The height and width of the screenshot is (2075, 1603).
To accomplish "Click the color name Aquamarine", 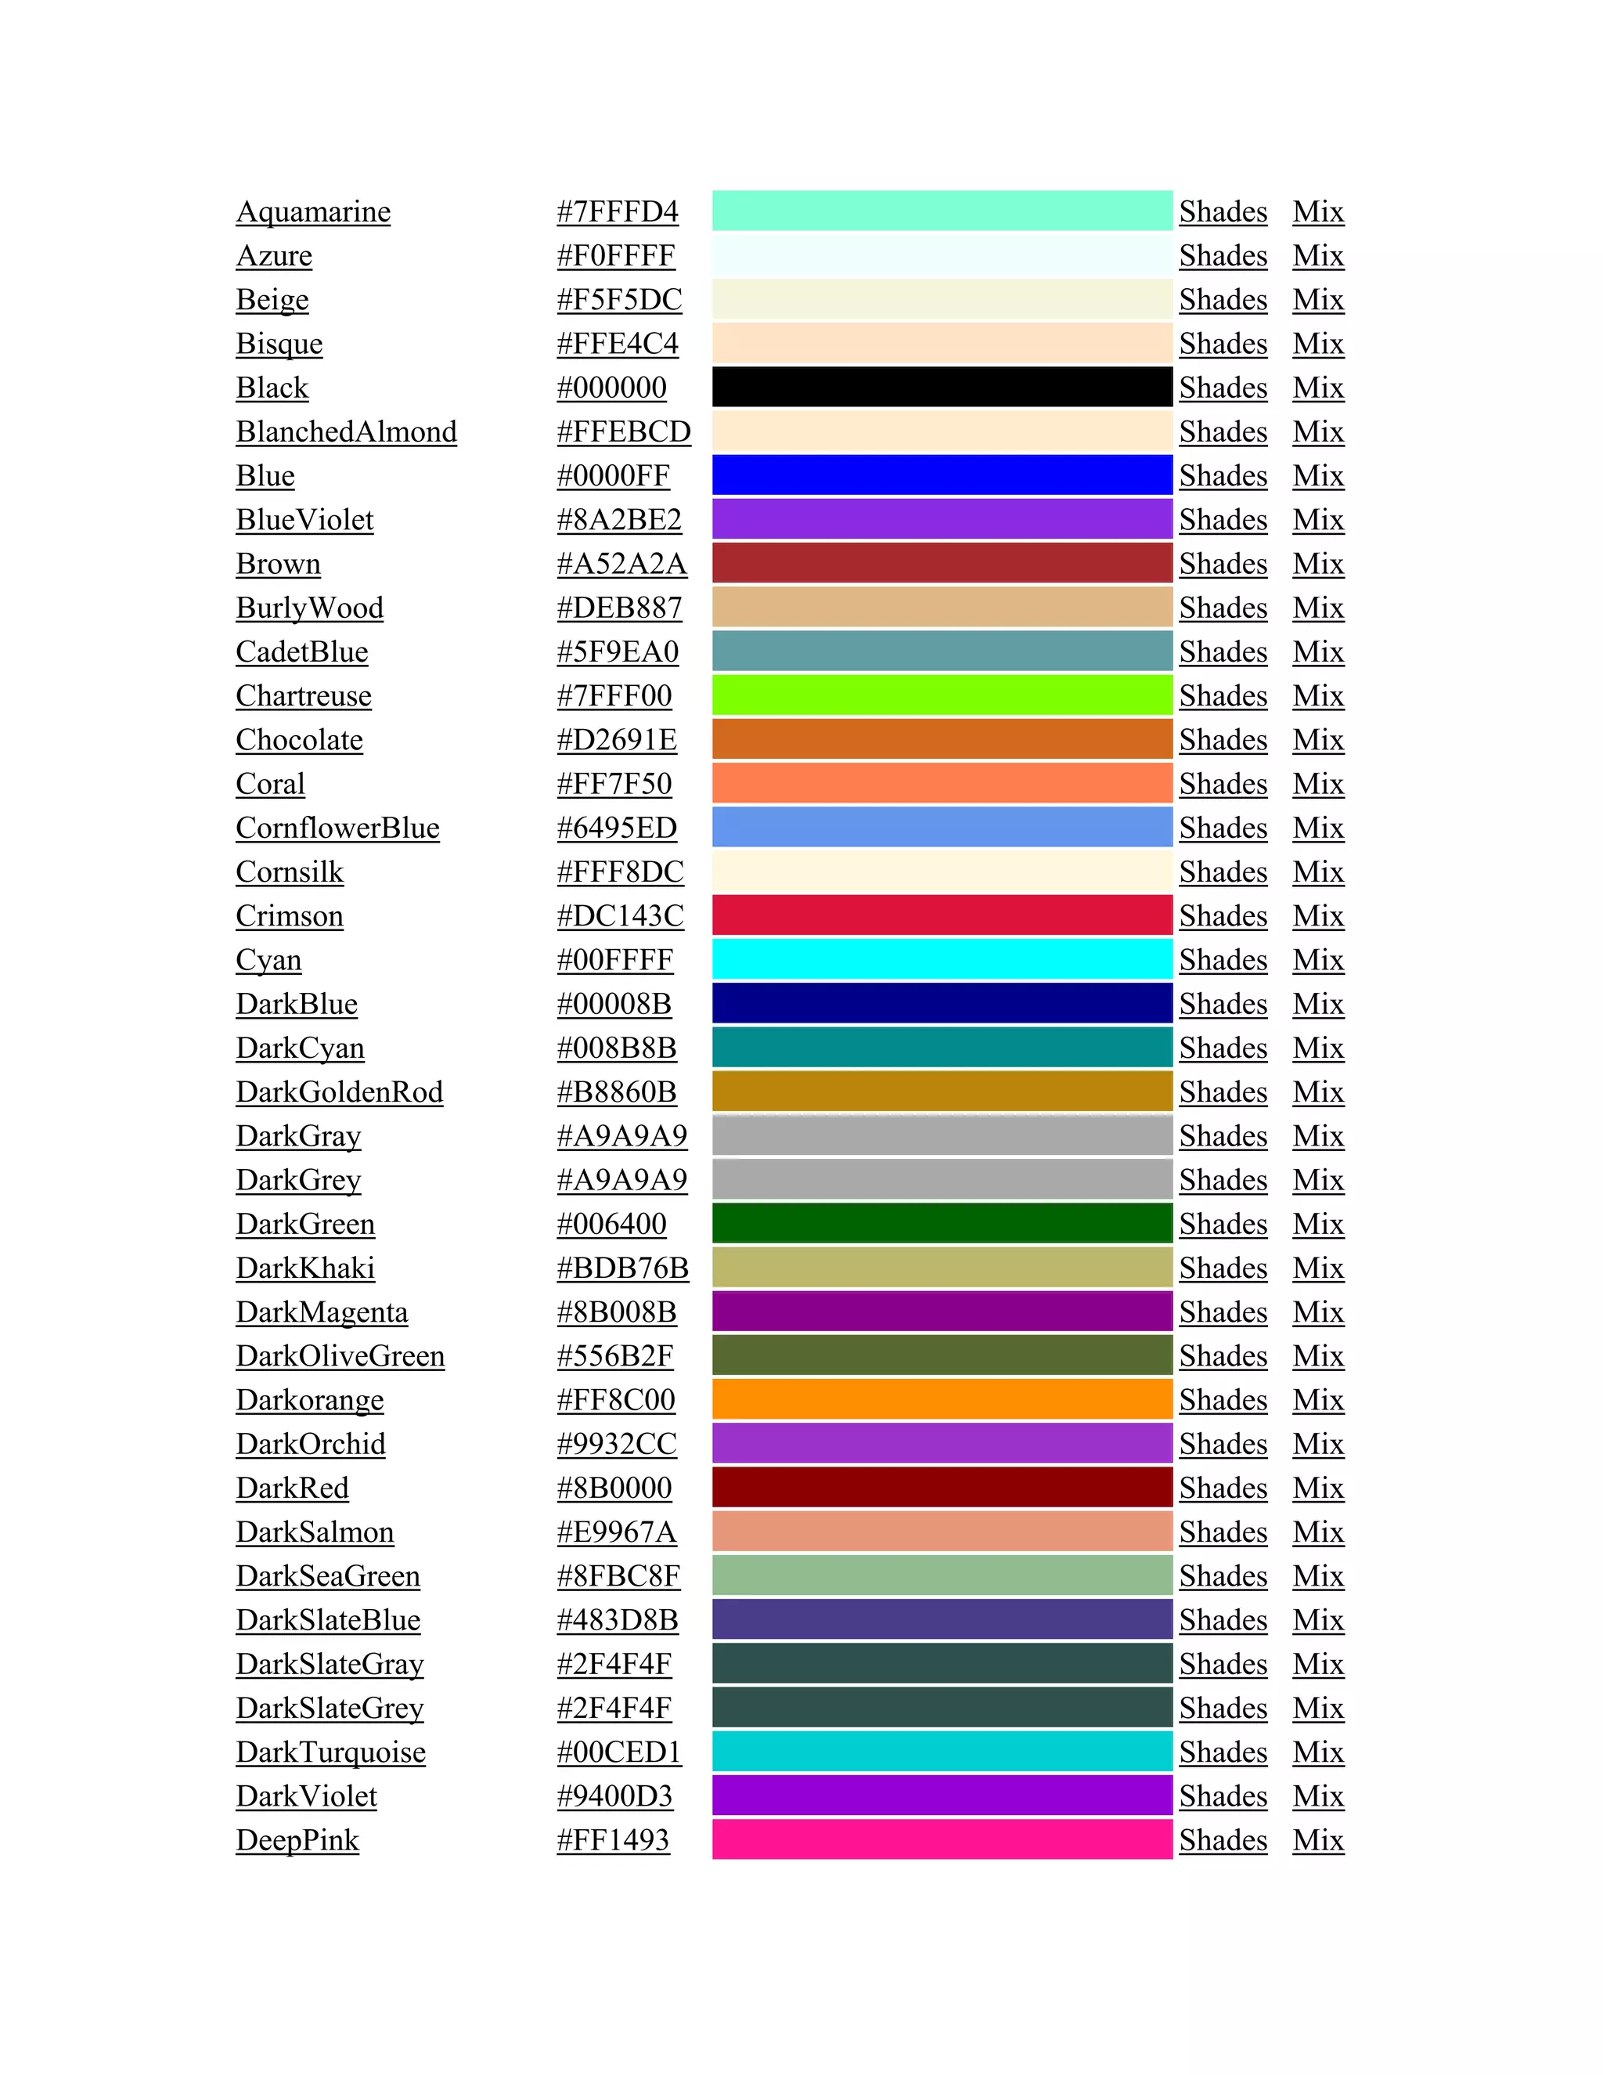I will pos(312,212).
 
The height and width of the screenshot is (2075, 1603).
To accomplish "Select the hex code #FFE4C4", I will pos(618,344).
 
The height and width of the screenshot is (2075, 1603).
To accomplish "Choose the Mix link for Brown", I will pos(1317,565).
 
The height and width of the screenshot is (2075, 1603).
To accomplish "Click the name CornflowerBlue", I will pos(337,828).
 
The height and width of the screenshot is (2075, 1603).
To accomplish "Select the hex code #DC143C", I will pos(619,916).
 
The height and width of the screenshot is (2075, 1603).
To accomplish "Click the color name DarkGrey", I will pos(298,1180).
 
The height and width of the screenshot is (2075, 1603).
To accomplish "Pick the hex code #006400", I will pos(611,1224).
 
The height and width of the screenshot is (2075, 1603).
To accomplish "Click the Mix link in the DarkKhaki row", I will pos(1317,1268).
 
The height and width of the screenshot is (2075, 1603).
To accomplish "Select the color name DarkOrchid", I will pos(311,1444).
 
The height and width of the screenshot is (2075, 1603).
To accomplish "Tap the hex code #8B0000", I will pos(614,1488).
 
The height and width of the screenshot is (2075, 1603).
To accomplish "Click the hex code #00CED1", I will pos(619,1752).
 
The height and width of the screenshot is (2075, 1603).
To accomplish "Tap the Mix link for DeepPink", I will pos(1317,1840).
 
